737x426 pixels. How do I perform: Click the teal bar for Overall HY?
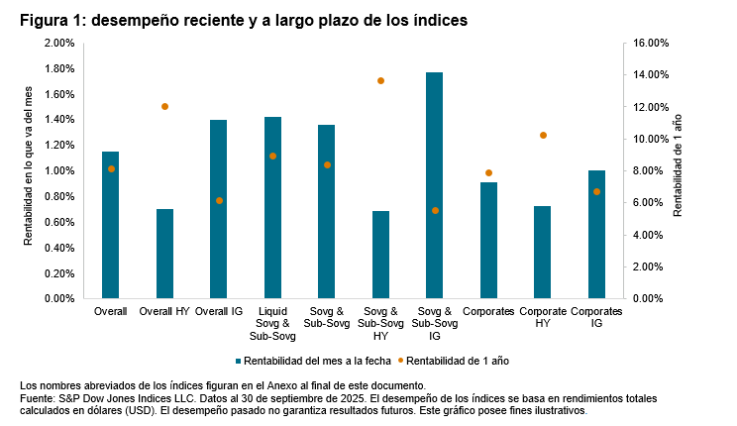point(164,254)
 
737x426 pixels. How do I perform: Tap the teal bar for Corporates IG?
point(596,235)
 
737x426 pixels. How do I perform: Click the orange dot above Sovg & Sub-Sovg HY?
point(380,80)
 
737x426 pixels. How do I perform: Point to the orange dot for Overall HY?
point(164,106)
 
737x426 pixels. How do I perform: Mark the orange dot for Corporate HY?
point(543,135)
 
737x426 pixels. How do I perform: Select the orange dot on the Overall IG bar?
point(219,200)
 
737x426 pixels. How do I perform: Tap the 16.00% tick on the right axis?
point(652,44)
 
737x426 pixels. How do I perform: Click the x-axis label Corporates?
point(488,312)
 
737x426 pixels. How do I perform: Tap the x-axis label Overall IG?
point(219,312)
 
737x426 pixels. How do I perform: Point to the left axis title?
point(27,170)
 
